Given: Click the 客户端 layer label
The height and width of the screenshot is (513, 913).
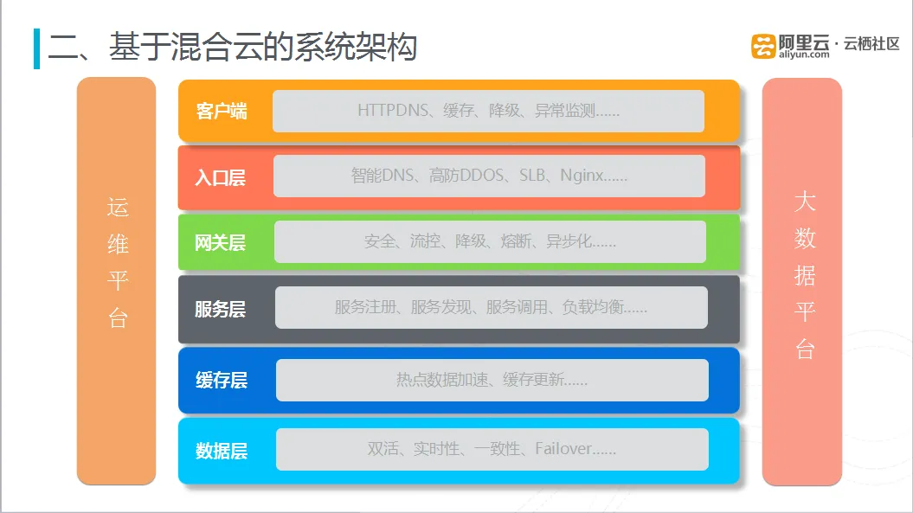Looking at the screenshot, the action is [x=222, y=111].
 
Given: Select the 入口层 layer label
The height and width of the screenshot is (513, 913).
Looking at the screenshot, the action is [x=220, y=177].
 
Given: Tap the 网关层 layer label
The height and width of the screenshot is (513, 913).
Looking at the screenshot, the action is [x=220, y=242].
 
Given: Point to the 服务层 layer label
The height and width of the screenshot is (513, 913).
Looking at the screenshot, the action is [x=220, y=309].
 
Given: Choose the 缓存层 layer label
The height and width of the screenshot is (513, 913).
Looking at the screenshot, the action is [x=222, y=381].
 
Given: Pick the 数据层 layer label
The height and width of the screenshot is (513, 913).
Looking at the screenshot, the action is [x=222, y=451].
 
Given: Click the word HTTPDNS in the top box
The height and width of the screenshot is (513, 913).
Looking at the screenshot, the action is [x=393, y=110].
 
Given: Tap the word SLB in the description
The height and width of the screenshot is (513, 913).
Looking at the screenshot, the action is [x=532, y=176].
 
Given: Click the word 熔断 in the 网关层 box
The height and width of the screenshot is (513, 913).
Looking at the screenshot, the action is [x=516, y=241].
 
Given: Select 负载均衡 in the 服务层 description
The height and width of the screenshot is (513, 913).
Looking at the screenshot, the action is [x=593, y=307].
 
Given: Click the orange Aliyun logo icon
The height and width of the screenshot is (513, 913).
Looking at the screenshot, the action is [x=763, y=46].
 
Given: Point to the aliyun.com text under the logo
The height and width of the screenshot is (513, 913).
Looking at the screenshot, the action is [x=804, y=55].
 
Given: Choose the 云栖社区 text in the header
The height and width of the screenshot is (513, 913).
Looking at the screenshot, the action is [x=871, y=43].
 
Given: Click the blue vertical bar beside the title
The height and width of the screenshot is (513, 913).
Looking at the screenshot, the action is [x=36, y=48].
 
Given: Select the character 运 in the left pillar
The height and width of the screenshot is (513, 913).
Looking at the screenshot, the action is [x=118, y=208].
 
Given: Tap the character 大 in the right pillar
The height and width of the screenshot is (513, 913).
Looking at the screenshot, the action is [x=805, y=202].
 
